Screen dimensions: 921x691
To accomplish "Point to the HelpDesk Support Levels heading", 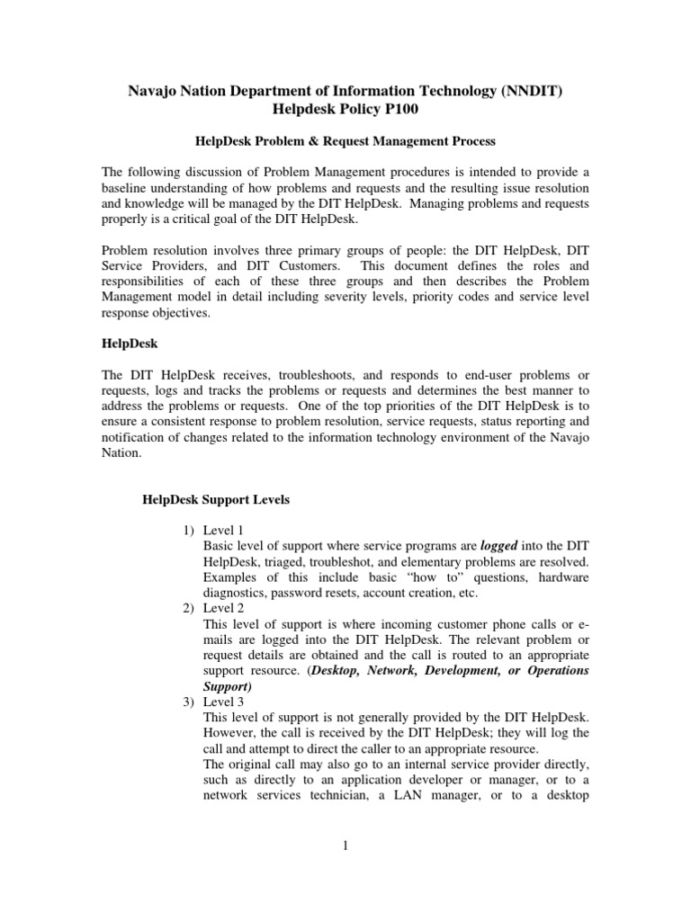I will click(x=217, y=500).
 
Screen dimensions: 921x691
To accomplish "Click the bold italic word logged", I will click(x=500, y=546).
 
